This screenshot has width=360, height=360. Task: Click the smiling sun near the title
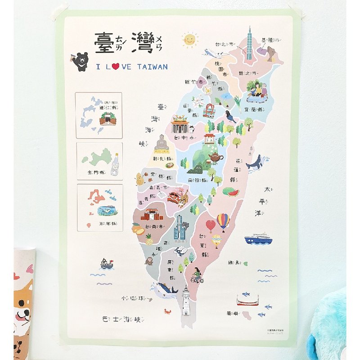tap(190, 40)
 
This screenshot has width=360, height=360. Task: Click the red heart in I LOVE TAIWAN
tap(115, 67)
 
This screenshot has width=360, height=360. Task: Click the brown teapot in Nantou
tap(216, 157)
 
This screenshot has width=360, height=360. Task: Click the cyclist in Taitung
tap(197, 275)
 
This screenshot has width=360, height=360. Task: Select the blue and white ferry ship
tap(258, 238)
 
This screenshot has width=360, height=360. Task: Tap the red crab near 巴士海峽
tap(167, 311)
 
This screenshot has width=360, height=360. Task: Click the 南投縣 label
tap(198, 180)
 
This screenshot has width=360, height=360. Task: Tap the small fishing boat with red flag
tap(107, 264)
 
